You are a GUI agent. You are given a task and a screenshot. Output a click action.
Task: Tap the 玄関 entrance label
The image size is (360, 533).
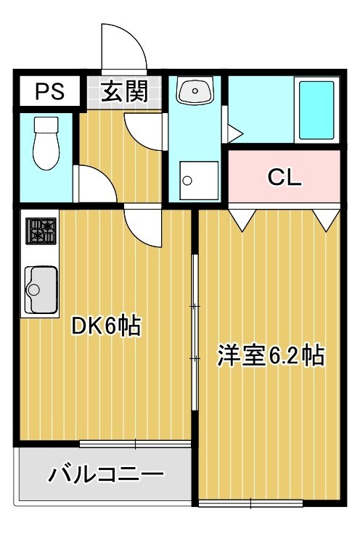[x=124, y=91]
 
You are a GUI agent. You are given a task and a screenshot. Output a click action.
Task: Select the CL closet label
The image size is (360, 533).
[x=285, y=176]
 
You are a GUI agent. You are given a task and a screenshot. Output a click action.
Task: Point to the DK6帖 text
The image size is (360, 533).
[x=105, y=327]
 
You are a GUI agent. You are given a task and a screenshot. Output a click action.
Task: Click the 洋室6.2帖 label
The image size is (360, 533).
[x=270, y=356]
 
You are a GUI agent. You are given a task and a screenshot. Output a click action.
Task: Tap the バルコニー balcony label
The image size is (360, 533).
[x=106, y=476]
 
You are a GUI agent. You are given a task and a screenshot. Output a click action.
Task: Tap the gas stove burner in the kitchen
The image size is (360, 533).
[x=41, y=231]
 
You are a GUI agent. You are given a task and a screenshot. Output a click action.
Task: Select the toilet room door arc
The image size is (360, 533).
[x=95, y=185]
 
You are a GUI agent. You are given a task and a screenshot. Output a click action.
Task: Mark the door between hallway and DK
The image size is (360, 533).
[x=142, y=226]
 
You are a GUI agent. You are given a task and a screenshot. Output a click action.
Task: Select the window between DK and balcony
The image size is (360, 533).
[x=135, y=443]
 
